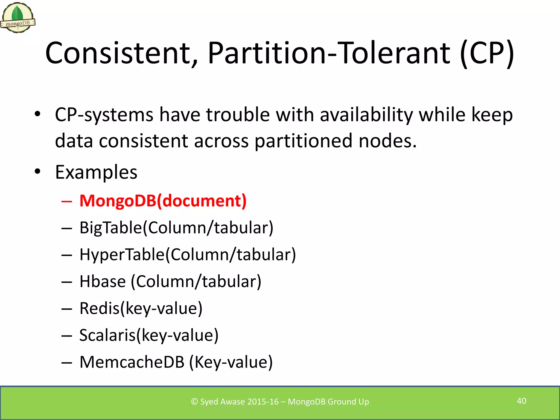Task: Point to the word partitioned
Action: pos(304,141)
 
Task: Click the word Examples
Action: pos(96,172)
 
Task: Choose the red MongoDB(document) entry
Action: pos(163,201)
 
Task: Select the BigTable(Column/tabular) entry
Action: pos(176,227)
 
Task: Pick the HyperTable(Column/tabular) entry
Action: pos(188,255)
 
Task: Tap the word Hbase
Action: pos(103,281)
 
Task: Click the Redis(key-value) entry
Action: pos(141,308)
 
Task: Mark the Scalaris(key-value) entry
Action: pos(149,335)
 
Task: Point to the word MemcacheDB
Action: pos(132,362)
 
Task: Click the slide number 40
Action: pos(521,401)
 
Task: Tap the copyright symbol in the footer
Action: pos(194,402)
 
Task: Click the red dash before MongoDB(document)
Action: pos(67,202)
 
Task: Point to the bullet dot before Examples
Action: pos(37,171)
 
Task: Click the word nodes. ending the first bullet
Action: pos(387,141)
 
